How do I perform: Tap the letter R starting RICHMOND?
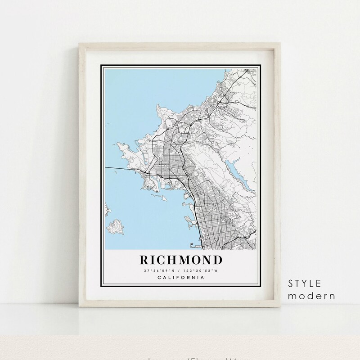tap(144, 260)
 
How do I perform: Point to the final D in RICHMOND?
tap(218, 260)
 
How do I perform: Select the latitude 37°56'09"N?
tap(160, 270)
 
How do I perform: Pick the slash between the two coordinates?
tap(180, 270)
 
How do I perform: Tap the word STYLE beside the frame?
tap(305, 284)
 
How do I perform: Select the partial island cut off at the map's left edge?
tap(107, 209)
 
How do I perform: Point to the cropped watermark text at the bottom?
tap(180, 358)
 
